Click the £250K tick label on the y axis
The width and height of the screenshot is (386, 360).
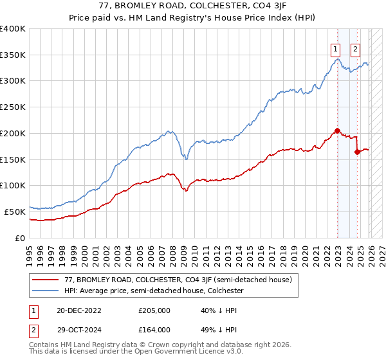click(x=12, y=107)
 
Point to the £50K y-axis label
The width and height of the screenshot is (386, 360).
click(x=14, y=212)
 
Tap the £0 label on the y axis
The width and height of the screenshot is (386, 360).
click(x=20, y=238)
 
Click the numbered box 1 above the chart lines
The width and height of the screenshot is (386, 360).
click(x=335, y=47)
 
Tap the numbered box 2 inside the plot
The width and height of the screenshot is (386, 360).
click(x=355, y=47)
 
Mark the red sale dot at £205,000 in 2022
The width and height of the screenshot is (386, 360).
click(x=337, y=130)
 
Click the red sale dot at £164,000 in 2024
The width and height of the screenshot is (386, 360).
click(x=357, y=152)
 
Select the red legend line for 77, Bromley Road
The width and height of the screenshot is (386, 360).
click(x=46, y=280)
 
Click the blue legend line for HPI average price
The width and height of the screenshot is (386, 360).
click(x=46, y=291)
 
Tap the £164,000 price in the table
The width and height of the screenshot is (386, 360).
click(x=155, y=329)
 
